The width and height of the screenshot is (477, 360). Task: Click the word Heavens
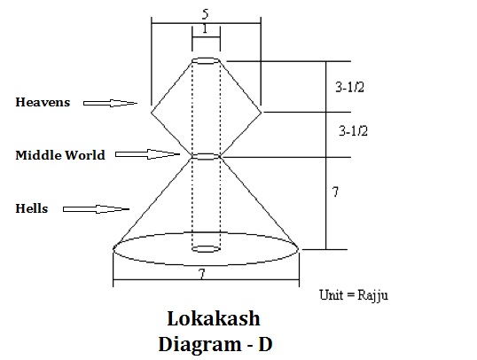(43, 102)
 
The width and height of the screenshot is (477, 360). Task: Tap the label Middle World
(60, 155)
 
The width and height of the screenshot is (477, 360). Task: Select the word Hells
(32, 208)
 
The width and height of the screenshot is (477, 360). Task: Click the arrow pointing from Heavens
(110, 104)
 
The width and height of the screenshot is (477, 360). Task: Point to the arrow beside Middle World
(147, 154)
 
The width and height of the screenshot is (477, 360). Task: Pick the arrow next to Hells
(96, 209)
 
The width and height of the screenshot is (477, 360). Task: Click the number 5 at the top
(206, 14)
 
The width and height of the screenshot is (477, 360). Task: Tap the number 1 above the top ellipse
(206, 28)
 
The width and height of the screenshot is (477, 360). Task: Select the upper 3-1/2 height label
(350, 87)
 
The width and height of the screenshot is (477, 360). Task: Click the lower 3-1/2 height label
(353, 131)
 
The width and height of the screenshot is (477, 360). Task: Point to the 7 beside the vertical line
(335, 192)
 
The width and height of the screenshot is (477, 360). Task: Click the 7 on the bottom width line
(201, 274)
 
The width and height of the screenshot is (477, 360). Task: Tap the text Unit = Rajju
(354, 295)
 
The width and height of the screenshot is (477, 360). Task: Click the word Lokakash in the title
(214, 318)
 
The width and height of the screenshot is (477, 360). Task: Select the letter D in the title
(265, 345)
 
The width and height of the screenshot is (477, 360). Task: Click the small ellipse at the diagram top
(206, 58)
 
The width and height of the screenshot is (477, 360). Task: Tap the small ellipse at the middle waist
(206, 153)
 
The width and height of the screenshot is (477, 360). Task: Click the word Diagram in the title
(199, 345)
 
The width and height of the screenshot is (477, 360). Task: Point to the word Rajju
(372, 296)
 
